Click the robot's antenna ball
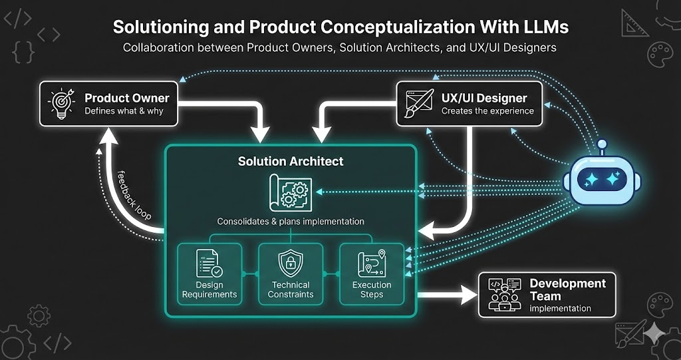(x=603, y=143)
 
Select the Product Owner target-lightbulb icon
(x=61, y=103)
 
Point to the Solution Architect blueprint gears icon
(x=290, y=192)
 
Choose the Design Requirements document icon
(x=209, y=263)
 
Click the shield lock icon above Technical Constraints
(x=290, y=263)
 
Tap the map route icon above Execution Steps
(x=372, y=263)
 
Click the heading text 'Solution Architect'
(x=291, y=161)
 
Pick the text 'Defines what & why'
(x=124, y=111)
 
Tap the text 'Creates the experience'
(x=487, y=111)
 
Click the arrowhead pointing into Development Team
(x=470, y=293)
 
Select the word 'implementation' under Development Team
(x=560, y=308)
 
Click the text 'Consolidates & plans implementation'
(x=291, y=221)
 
